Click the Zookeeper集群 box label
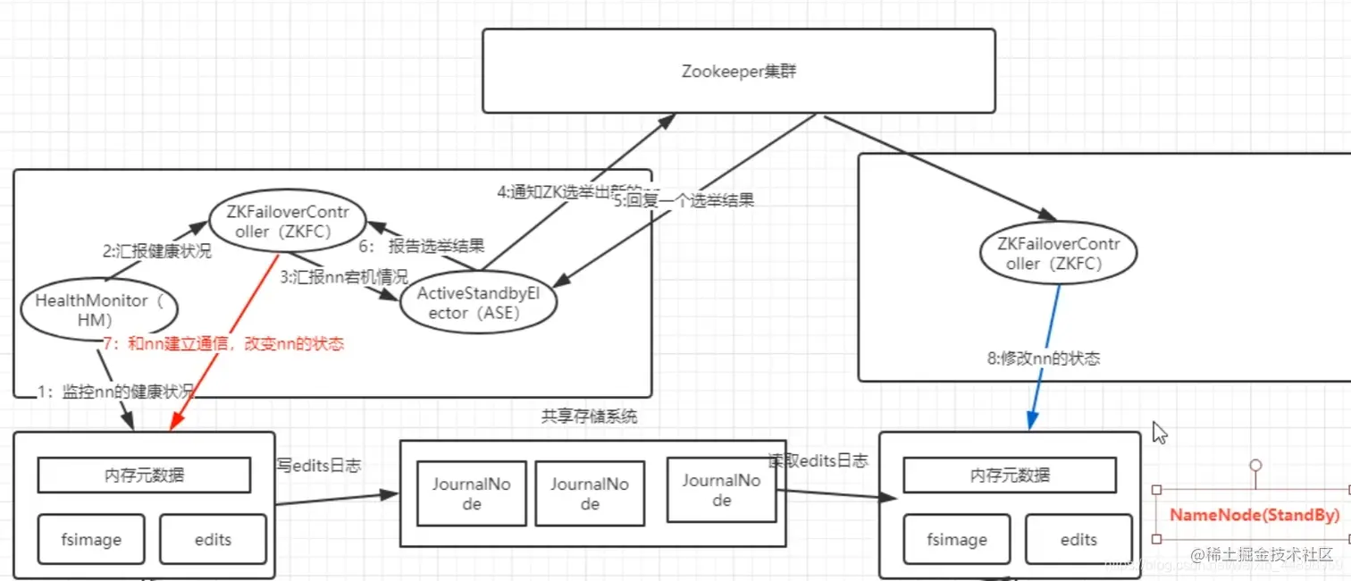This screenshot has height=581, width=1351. coord(738,72)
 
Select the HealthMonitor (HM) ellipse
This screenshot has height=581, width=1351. coord(98,309)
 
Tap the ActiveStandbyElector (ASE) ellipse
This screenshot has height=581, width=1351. coord(478,304)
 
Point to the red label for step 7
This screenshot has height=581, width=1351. coord(223,343)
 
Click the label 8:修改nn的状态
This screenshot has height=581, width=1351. coord(1043,358)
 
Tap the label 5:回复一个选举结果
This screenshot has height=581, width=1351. coord(684,200)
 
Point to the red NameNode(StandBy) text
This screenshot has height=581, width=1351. coord(1254,515)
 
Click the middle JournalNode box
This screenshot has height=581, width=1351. coord(589,493)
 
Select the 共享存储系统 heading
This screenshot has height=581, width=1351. coord(589,417)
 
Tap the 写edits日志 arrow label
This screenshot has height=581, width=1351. coord(319,465)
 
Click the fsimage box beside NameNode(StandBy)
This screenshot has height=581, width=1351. coord(956,539)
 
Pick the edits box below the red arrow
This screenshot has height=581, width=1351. coord(213,539)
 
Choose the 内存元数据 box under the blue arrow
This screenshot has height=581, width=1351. coord(1010,476)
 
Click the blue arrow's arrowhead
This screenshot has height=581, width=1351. coord(1032,421)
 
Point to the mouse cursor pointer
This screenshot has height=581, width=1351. coord(1160,433)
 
